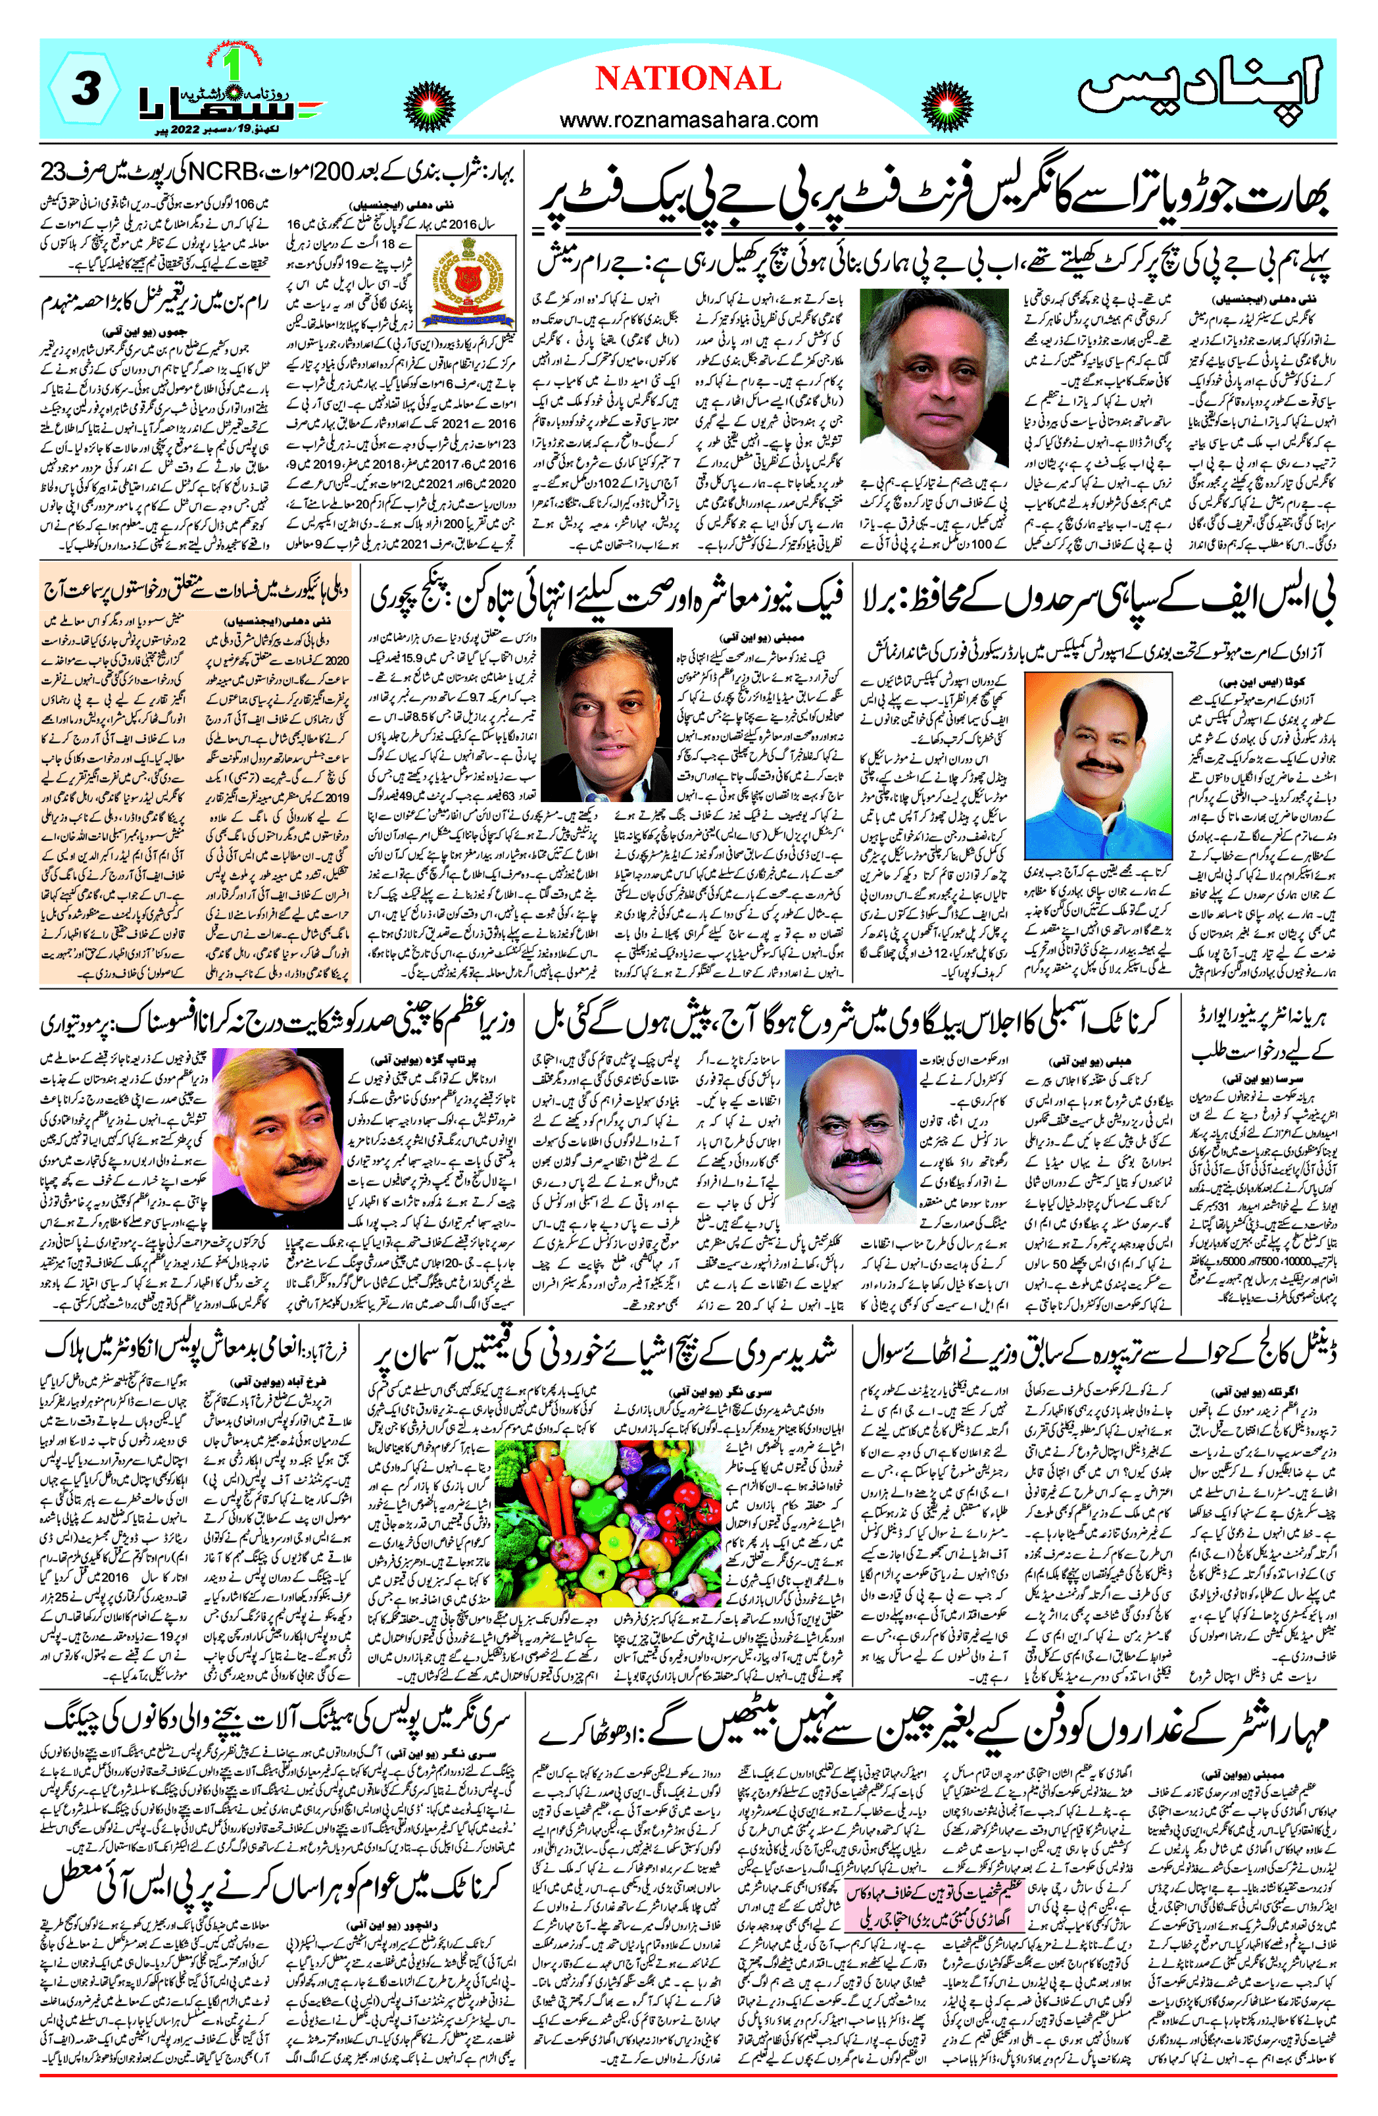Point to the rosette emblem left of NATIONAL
pos(430,107)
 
